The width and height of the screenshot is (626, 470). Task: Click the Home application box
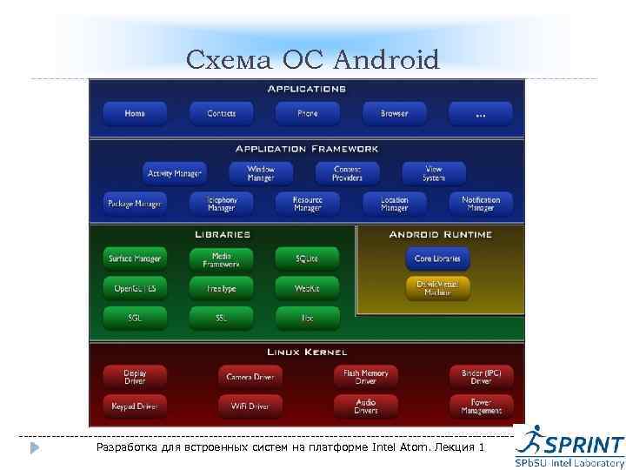click(135, 114)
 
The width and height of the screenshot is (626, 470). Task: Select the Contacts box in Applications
click(221, 114)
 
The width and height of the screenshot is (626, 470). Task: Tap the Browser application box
click(394, 114)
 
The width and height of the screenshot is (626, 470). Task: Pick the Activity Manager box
click(175, 173)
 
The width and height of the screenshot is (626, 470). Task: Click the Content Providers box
click(347, 173)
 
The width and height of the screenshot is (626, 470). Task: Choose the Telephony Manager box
click(221, 205)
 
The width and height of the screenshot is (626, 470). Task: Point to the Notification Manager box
click(481, 205)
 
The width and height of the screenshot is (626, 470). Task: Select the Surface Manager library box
click(135, 258)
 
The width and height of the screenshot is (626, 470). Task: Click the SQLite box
click(307, 258)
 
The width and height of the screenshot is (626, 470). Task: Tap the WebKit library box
click(307, 288)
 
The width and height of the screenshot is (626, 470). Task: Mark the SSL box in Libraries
click(221, 318)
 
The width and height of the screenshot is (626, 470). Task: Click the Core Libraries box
click(437, 258)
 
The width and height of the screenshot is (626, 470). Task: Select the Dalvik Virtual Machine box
click(437, 288)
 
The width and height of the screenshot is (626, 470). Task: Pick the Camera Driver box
click(250, 377)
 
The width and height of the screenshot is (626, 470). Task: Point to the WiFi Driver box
click(250, 406)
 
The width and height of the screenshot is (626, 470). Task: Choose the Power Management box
click(481, 406)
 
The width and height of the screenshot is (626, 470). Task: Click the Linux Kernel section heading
click(307, 352)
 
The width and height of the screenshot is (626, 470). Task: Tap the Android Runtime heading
click(440, 235)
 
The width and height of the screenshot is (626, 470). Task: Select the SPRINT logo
click(569, 446)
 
